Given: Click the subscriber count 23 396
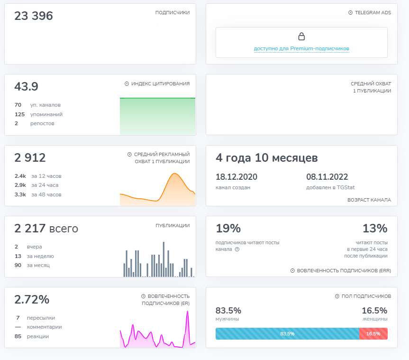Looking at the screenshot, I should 34,16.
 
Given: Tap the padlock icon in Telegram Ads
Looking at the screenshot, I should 301,37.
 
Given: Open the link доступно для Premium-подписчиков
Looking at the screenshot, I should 301,49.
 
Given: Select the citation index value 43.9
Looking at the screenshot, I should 27,86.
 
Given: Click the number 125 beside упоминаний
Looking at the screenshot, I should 19,114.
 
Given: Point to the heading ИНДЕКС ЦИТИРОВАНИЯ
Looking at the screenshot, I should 160,84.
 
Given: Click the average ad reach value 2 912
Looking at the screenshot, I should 30,157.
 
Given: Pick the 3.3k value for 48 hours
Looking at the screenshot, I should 20,194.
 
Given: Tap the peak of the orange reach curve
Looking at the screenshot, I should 175,174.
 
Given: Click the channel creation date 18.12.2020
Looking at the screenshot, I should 236,177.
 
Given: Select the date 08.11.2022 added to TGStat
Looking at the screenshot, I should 327,177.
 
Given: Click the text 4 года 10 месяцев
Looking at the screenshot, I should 267,158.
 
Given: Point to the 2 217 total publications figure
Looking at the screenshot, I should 46,229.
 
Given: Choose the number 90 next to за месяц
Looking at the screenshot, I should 18,265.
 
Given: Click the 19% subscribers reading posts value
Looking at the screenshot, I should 228,229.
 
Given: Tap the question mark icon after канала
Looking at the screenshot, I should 237,249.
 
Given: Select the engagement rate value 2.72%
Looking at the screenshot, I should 32,300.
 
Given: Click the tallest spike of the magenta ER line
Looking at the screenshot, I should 188,312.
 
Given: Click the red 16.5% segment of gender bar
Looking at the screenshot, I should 373,334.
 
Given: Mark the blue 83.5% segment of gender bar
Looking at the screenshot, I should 287,334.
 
